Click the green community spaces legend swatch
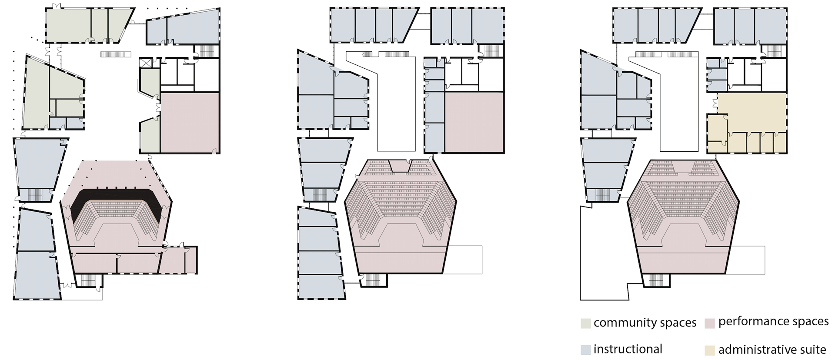[x=585, y=323]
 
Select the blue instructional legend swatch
[x=585, y=350]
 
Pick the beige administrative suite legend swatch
[x=709, y=350]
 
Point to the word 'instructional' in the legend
[x=628, y=349]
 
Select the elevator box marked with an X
[x=145, y=64]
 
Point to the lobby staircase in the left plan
[x=116, y=54]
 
